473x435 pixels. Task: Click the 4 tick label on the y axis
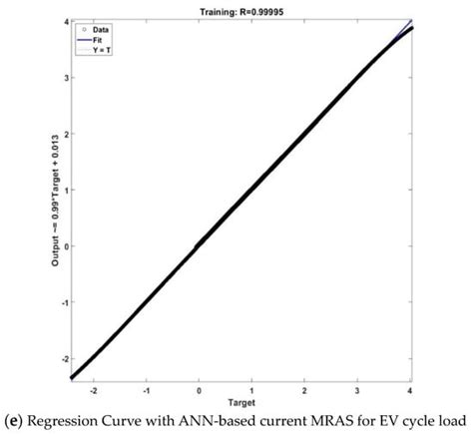[x=65, y=21]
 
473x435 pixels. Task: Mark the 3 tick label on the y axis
[x=65, y=77]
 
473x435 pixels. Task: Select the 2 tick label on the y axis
[x=65, y=133]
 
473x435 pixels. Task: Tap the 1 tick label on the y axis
[x=65, y=189]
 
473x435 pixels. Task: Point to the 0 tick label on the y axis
[x=65, y=244]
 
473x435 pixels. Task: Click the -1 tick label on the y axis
[x=63, y=301]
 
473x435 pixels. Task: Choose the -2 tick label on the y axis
[x=63, y=357]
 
